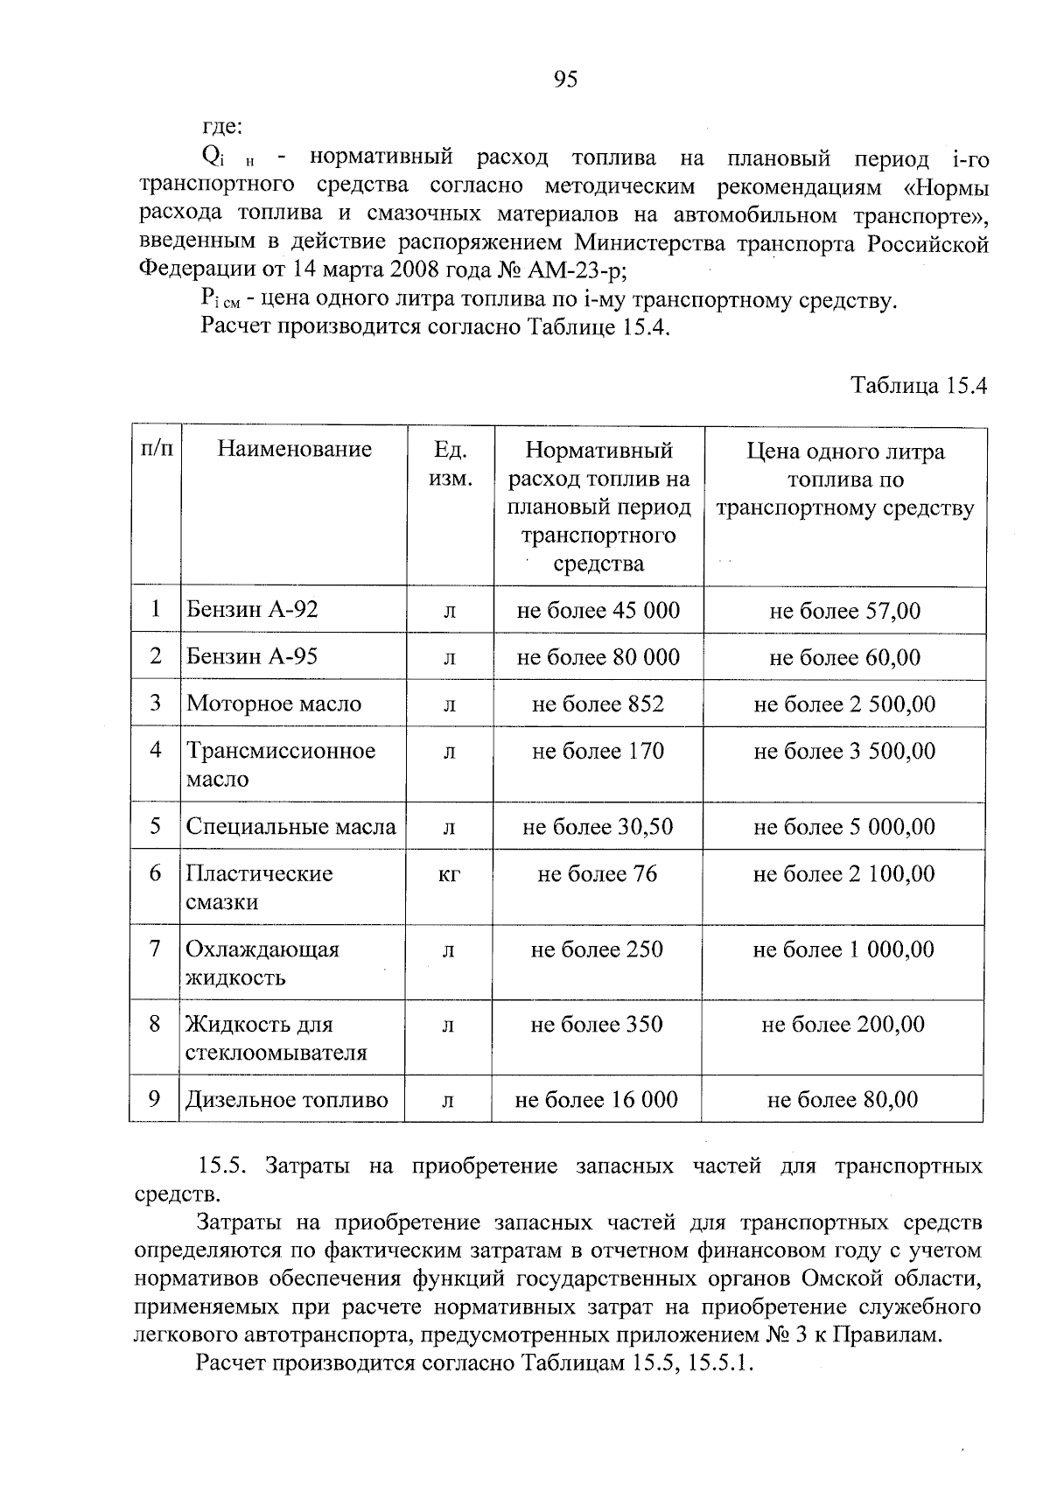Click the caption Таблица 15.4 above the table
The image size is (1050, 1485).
[920, 386]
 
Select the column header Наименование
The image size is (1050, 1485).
[295, 450]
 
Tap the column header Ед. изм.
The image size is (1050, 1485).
[451, 465]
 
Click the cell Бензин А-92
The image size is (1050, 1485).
[252, 609]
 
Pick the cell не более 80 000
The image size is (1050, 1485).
[598, 657]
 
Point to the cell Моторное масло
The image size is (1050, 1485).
[273, 704]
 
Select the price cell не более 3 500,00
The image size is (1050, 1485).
[844, 751]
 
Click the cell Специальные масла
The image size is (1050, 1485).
[290, 826]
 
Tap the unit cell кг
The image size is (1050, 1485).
[449, 874]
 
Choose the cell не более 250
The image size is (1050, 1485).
[597, 949]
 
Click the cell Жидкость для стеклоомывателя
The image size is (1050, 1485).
[275, 1038]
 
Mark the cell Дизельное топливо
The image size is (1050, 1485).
[286, 1100]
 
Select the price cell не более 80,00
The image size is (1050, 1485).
[843, 1100]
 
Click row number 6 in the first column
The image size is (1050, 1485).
[156, 873]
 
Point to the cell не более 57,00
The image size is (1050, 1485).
[844, 611]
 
